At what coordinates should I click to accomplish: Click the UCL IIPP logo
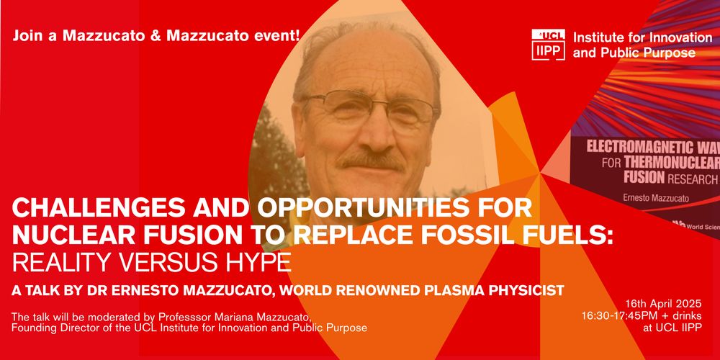pyautogui.click(x=548, y=45)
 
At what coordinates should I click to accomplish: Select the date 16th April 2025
pyautogui.click(x=663, y=304)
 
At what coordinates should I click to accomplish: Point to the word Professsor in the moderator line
pyautogui.click(x=131, y=317)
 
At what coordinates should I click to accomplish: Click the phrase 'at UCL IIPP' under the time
pyautogui.click(x=673, y=328)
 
